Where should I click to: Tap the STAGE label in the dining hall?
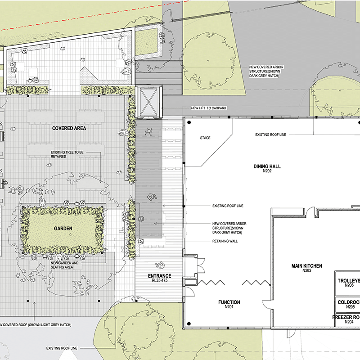click(205, 138)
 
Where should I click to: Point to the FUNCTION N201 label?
click(229, 304)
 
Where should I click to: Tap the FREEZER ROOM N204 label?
click(346, 319)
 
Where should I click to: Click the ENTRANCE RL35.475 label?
click(160, 278)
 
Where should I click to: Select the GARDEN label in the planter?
click(63, 229)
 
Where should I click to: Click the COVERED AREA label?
click(69, 128)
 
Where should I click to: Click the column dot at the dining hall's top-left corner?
click(189, 122)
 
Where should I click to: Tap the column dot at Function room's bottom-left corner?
click(189, 324)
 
